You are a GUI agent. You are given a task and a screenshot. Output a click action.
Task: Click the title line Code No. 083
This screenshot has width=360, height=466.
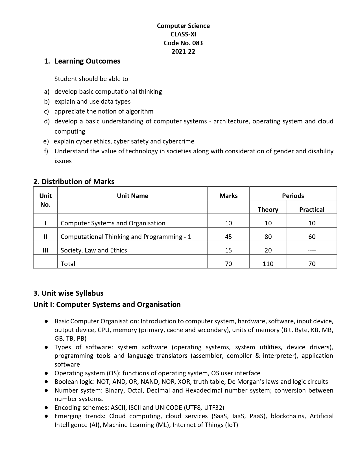click(183, 43)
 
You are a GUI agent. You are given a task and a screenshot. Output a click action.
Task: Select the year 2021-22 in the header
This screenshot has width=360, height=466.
click(183, 51)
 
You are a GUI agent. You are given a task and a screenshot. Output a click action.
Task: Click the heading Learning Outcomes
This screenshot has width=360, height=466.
click(87, 61)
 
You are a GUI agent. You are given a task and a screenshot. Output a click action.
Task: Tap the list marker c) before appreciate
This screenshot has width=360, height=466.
click(46, 111)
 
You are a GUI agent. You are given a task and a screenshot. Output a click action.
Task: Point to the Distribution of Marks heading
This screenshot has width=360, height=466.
click(74, 182)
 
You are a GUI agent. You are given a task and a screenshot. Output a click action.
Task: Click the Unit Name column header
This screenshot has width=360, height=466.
click(132, 196)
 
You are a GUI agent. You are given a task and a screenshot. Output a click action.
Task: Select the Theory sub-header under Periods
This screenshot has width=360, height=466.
click(268, 210)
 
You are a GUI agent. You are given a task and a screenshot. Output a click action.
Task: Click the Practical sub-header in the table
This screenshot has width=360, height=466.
click(312, 210)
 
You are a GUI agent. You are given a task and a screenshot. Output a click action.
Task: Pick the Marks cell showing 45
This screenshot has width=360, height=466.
click(228, 237)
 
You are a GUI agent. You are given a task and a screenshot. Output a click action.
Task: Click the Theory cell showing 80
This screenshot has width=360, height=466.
click(268, 237)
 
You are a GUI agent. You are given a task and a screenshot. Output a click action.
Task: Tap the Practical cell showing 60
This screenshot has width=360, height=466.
click(312, 237)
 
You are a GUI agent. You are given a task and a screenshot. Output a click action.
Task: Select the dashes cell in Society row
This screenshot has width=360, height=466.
click(312, 251)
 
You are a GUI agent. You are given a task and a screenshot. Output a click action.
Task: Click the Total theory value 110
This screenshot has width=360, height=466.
click(268, 264)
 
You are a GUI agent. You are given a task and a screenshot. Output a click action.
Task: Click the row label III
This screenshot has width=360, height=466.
click(45, 250)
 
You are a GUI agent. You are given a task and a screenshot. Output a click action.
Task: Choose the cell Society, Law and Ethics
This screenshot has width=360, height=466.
click(94, 250)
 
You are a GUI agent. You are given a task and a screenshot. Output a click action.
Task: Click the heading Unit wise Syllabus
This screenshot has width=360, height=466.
click(68, 293)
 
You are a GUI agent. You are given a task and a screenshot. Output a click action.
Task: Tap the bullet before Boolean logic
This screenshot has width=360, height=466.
click(46, 382)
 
